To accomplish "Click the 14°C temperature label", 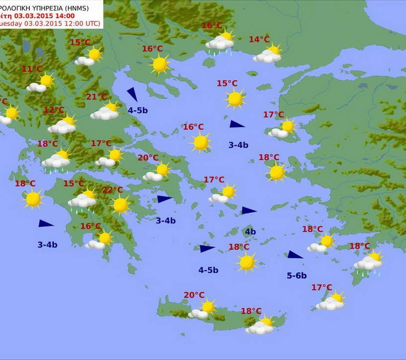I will (259, 40).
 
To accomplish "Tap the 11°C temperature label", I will (32, 69).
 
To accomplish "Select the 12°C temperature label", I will (54, 110).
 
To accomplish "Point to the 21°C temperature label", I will (97, 97).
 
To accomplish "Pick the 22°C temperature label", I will (112, 190).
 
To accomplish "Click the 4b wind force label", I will (250, 232).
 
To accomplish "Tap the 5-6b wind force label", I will (297, 276).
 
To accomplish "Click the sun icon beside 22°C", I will (120, 205).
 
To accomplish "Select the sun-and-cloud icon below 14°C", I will (268, 54).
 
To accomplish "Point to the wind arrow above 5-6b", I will (295, 255).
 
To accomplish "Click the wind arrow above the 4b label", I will (249, 211).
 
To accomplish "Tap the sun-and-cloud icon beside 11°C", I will (41, 83).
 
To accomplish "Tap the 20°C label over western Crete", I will (194, 295).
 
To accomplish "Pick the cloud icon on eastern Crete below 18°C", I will (261, 326).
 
